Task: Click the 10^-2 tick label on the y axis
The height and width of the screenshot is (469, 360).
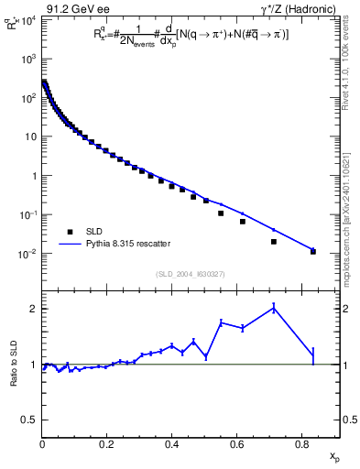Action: tap(28, 254)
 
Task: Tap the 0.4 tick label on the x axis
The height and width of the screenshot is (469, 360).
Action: tap(171, 442)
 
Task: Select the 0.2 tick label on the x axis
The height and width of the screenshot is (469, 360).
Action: tap(106, 442)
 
